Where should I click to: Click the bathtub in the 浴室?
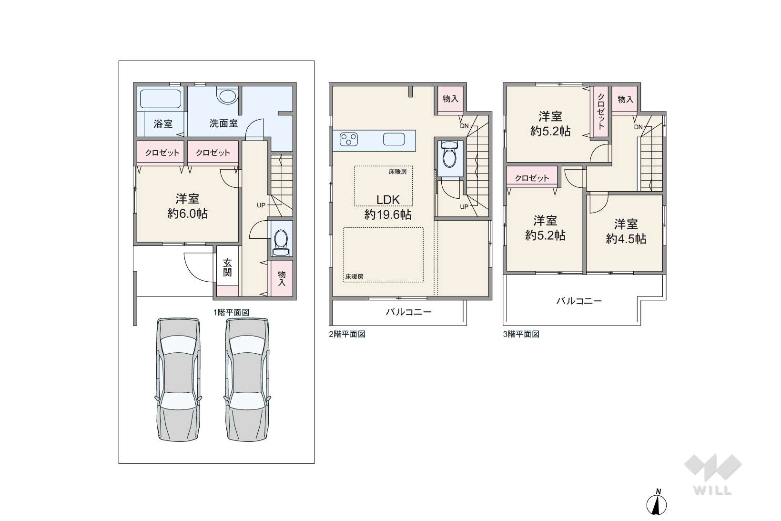click(161, 99)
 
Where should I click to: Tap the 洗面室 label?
click(223, 123)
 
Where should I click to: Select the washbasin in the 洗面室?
click(227, 95)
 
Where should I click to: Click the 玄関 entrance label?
click(227, 267)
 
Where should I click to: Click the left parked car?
click(178, 379)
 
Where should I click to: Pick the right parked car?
click(247, 379)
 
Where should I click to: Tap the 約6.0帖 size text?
click(187, 214)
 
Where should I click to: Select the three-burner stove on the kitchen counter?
click(349, 139)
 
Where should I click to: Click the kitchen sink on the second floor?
click(394, 140)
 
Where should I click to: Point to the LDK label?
click(388, 200)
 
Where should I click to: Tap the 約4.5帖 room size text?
click(626, 239)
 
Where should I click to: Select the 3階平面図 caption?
click(521, 334)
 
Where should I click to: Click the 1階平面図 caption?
click(232, 313)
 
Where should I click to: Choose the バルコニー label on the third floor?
click(579, 301)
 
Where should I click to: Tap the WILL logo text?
click(713, 490)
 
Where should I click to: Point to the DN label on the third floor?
click(638, 127)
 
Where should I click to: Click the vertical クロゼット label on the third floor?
click(601, 112)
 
